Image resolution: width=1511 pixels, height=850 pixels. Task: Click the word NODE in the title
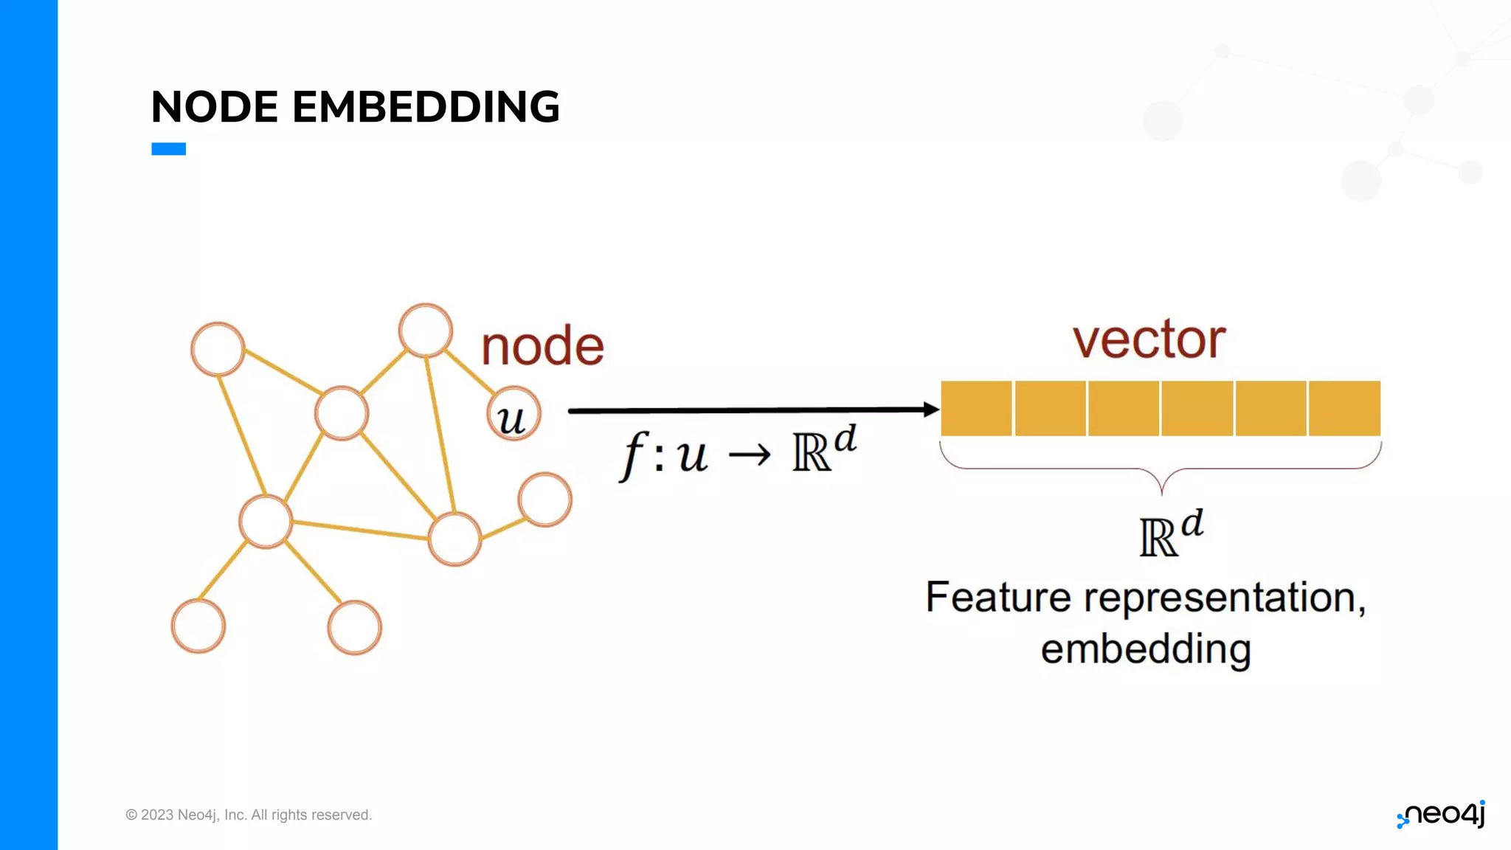coord(215,107)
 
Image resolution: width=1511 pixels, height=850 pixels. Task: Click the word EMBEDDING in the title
coord(426,107)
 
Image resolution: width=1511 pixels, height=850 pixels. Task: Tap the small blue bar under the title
coord(168,149)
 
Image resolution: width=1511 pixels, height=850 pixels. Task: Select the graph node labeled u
coord(514,414)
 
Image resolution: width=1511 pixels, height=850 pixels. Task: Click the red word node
coord(542,346)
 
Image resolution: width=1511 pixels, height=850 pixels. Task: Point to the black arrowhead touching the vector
coord(931,409)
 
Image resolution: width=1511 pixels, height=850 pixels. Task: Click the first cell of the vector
coord(976,408)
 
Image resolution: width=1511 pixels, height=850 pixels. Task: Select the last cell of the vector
coord(1344,408)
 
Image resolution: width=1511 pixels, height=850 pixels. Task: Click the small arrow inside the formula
coord(750,455)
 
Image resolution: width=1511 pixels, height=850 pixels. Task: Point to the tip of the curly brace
coord(1161,491)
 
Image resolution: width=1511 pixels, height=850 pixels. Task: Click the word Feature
coord(997,597)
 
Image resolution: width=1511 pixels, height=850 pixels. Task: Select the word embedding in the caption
coord(1146,649)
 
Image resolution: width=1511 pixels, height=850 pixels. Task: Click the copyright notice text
coord(249,815)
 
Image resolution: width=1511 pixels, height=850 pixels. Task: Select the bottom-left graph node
coord(198,626)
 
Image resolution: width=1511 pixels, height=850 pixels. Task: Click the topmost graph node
coord(426,330)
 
